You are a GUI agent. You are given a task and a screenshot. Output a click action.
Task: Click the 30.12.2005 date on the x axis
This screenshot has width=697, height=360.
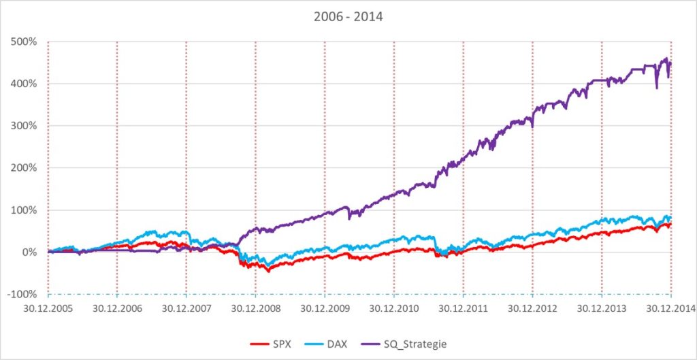pos(48,308)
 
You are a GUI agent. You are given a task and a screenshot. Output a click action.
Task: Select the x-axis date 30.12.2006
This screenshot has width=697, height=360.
pos(117,308)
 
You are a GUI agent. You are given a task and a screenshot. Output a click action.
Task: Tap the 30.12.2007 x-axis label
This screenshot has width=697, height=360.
pos(187,308)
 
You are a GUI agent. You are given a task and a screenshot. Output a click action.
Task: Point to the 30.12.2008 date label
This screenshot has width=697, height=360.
pos(255,308)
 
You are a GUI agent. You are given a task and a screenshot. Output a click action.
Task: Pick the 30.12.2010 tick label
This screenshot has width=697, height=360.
pos(394,308)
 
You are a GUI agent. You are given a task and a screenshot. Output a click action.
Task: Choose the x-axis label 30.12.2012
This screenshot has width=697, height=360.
pos(532,308)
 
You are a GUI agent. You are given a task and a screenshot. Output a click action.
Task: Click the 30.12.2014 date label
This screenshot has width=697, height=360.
pos(670,308)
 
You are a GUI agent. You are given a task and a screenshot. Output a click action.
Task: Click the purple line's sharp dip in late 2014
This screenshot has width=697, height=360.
pos(657,88)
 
